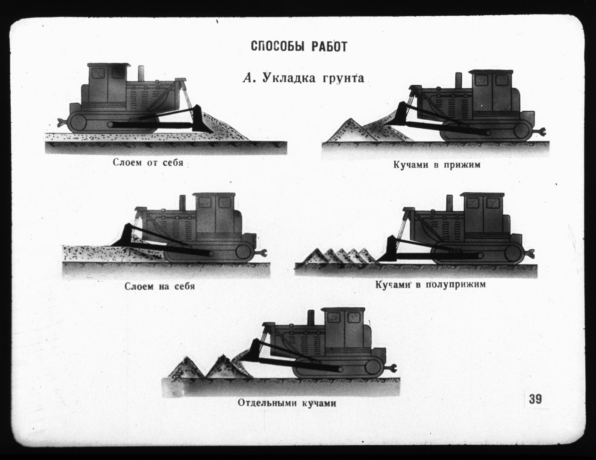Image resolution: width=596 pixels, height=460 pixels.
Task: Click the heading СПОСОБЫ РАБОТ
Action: [x=299, y=46]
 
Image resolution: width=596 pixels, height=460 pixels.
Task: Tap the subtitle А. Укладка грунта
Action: [x=304, y=78]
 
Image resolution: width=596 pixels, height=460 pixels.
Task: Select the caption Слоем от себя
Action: [x=148, y=162]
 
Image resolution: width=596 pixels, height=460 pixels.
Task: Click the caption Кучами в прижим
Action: [x=437, y=165]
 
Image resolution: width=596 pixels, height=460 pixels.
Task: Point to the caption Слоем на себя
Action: [x=159, y=287]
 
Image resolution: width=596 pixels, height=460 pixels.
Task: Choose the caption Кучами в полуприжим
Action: [x=431, y=284]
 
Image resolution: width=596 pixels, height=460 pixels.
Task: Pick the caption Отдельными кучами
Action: [x=287, y=403]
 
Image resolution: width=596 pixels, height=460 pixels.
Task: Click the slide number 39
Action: [x=535, y=399]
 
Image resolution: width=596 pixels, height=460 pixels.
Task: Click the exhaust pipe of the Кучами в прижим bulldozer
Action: [x=458, y=80]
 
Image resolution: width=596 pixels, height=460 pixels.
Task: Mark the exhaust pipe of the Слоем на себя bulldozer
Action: [x=182, y=203]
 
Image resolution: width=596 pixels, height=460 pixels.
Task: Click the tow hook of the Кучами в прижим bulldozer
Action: [x=540, y=133]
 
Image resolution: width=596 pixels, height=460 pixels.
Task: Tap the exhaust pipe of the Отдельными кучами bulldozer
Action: [x=311, y=318]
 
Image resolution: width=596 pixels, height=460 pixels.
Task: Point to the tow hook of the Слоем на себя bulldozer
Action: [x=262, y=253]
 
